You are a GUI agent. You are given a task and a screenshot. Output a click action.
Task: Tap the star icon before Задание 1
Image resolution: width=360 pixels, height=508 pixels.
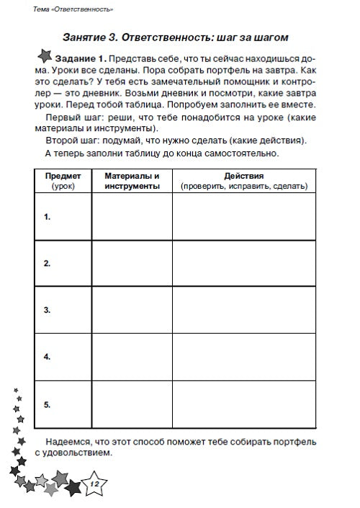point(44,56)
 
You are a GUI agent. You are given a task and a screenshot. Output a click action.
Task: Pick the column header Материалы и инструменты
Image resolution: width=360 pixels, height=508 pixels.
point(131,181)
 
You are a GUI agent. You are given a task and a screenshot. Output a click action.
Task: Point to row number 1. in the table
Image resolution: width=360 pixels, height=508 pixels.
point(47,216)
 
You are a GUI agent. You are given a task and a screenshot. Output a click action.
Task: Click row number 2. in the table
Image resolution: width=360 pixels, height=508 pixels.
point(47,263)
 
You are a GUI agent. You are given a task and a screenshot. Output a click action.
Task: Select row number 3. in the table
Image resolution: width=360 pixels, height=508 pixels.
point(47,310)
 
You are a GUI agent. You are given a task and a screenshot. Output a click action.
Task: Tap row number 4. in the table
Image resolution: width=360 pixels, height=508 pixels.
point(47,357)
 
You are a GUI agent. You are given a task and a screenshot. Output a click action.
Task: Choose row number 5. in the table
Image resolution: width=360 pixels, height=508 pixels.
point(47,404)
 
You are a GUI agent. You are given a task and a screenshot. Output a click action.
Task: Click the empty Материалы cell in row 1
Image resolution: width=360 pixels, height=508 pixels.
point(131,216)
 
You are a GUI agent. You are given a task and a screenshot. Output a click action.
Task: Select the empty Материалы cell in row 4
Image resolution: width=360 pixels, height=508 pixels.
point(131,357)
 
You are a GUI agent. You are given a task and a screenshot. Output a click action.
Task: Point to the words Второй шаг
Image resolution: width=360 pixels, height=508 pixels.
point(70,140)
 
